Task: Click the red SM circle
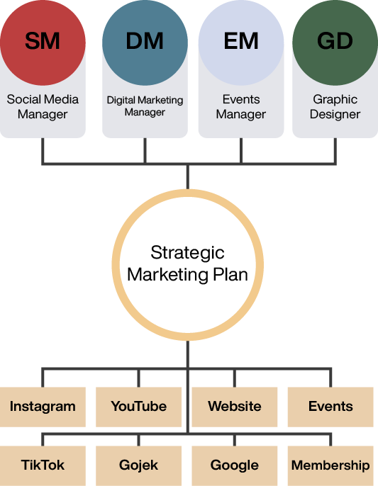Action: [x=43, y=43]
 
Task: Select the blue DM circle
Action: [x=145, y=43]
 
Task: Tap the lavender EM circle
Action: [x=241, y=43]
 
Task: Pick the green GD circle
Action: [x=335, y=43]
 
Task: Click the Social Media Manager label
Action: [x=43, y=106]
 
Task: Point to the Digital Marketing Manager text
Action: [x=145, y=106]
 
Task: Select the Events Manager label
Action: [x=241, y=106]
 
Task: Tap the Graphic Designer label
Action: [x=335, y=106]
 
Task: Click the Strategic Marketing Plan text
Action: [x=187, y=264]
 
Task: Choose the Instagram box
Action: [x=43, y=407]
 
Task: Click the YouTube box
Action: [x=139, y=407]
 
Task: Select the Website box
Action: [x=235, y=407]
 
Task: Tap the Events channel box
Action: [x=330, y=407]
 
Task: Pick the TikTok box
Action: [x=43, y=466]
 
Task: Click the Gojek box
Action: [x=139, y=466]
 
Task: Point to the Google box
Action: [x=235, y=466]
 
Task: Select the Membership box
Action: [x=330, y=466]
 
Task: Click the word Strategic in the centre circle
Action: [x=187, y=254]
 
